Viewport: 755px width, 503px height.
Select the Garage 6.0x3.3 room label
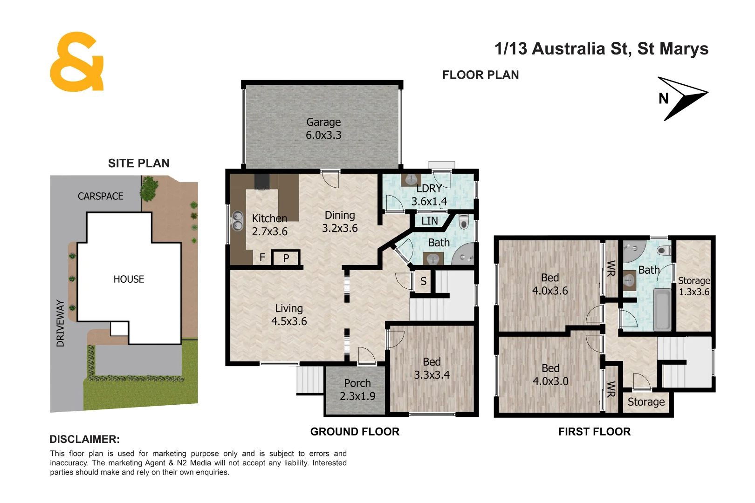point(323,129)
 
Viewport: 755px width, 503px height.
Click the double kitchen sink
point(238,221)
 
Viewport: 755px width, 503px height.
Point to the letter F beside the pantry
point(262,258)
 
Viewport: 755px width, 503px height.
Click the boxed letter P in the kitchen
point(286,258)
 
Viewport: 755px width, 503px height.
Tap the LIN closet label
point(429,221)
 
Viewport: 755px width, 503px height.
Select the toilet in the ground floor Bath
point(463,223)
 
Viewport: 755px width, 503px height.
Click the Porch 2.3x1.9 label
point(357,390)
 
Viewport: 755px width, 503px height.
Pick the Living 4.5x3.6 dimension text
point(289,321)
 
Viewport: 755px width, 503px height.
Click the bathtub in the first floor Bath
point(662,310)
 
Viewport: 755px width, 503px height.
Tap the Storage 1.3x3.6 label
point(693,286)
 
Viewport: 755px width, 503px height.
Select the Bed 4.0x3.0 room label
point(550,375)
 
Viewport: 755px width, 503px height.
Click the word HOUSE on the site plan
point(129,279)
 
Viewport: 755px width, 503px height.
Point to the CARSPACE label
point(101,197)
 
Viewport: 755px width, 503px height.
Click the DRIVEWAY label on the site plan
point(61,323)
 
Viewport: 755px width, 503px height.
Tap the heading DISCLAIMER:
point(84,439)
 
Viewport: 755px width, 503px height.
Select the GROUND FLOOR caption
point(355,432)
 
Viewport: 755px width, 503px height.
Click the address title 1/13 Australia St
point(601,49)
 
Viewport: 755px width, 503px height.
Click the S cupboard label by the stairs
point(423,281)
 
